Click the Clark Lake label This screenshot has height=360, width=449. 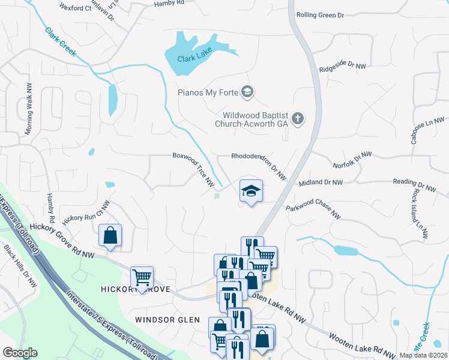[x=195, y=59]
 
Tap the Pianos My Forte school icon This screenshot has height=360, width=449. [x=247, y=92]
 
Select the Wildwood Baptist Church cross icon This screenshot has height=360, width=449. [x=298, y=119]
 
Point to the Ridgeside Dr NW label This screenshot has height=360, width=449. [x=342, y=68]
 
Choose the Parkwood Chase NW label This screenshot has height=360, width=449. [x=313, y=211]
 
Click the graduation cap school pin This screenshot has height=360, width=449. [x=251, y=191]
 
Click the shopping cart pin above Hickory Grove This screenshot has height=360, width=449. [x=142, y=278]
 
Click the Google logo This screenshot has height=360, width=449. [x=20, y=353]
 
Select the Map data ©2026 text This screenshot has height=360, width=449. [x=423, y=355]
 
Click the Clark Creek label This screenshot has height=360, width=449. [x=60, y=42]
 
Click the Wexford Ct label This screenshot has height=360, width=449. [x=76, y=8]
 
